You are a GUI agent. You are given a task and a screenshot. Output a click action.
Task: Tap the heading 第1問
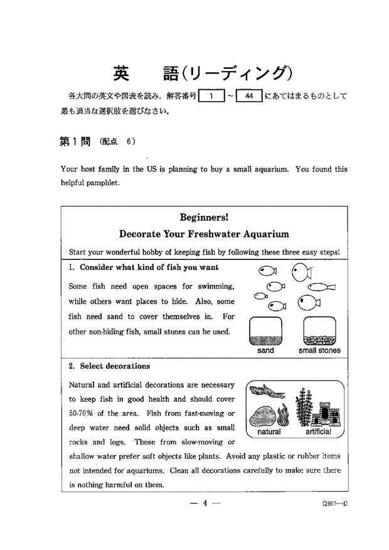75,141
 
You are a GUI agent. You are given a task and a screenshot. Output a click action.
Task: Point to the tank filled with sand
266,331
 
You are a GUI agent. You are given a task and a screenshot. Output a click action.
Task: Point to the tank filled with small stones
319,331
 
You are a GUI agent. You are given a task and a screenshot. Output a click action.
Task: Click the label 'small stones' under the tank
319,351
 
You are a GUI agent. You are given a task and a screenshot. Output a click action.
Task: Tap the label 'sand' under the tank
266,351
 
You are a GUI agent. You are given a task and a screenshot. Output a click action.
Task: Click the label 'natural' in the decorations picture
269,432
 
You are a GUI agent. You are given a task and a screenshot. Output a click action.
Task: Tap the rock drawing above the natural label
264,416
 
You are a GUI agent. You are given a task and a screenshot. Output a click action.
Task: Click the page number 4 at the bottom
205,502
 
